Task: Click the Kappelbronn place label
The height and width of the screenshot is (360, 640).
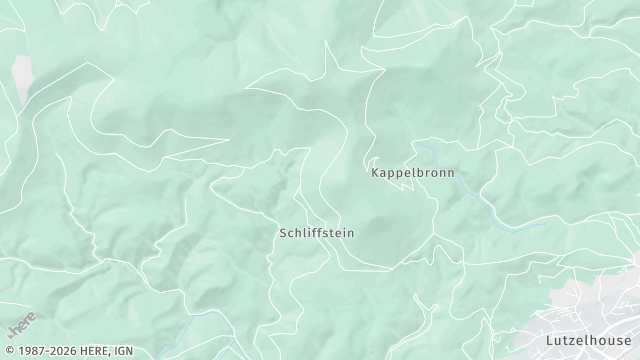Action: pos(412,172)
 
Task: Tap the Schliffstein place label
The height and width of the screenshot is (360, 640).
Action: pos(316,232)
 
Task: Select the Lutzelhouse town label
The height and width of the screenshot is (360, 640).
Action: pos(584,340)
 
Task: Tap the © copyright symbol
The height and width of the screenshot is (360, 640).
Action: pos(6,352)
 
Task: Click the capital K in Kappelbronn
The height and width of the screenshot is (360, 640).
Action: pos(375,172)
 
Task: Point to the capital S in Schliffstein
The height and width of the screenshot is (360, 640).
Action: pos(283,232)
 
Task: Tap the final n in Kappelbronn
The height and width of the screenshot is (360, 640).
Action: pos(450,172)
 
